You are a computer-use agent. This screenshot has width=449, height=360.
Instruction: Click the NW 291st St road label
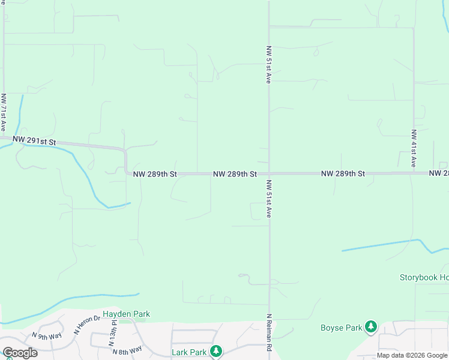pyautogui.click(x=34, y=142)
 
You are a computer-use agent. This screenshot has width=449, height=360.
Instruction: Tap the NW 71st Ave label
pyautogui.click(x=4, y=112)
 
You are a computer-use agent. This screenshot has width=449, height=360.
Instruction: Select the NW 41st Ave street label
pyautogui.click(x=414, y=148)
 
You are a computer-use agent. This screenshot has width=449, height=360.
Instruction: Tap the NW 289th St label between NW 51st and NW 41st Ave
pyautogui.click(x=343, y=173)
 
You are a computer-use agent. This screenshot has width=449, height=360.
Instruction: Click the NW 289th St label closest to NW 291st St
pyautogui.click(x=155, y=174)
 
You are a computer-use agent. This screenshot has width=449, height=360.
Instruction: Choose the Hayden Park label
pyautogui.click(x=126, y=314)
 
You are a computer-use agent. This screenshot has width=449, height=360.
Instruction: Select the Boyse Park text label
pyautogui.click(x=341, y=328)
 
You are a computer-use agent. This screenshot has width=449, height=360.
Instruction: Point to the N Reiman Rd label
pyautogui.click(x=270, y=331)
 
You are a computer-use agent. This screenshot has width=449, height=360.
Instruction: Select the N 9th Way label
pyautogui.click(x=47, y=336)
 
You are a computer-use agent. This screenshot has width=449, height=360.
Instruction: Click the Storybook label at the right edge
pyautogui.click(x=424, y=278)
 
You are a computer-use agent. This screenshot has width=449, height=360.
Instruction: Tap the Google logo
pyautogui.click(x=20, y=353)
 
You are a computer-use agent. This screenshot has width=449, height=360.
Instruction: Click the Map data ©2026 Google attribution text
pyautogui.click(x=412, y=355)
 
